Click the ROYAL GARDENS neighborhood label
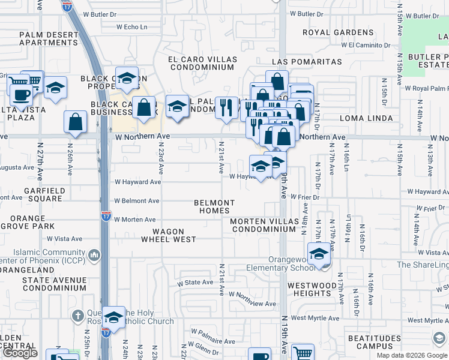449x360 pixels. click(x=338, y=32)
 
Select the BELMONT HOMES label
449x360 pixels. click(x=214, y=207)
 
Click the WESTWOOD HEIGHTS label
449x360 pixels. click(x=313, y=289)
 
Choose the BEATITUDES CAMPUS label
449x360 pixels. click(x=375, y=342)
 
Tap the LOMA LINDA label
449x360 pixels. click(x=366, y=119)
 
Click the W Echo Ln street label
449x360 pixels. click(x=132, y=27)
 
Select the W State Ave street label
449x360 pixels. click(x=194, y=282)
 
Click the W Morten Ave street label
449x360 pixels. click(x=135, y=220)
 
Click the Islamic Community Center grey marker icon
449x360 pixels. click(x=94, y=256)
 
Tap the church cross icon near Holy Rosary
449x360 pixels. click(x=77, y=315)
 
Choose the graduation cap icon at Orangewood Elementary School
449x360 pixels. click(x=319, y=254)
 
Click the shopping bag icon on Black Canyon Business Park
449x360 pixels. click(x=145, y=108)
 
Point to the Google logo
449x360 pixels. click(x=20, y=353)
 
